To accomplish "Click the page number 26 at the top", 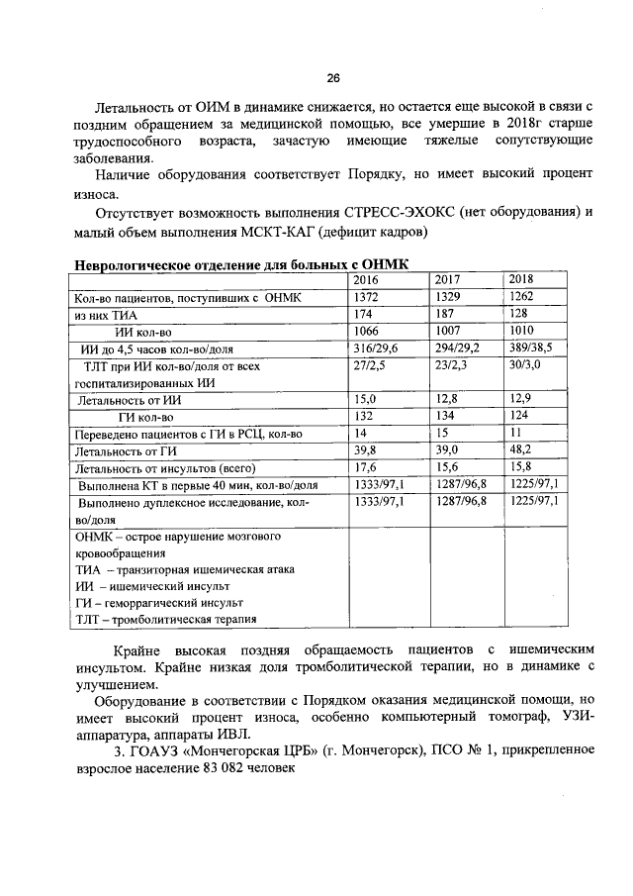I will (332, 78).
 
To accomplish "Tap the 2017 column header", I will (448, 279).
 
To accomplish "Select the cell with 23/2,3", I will (454, 365).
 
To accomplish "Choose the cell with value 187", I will (445, 314).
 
